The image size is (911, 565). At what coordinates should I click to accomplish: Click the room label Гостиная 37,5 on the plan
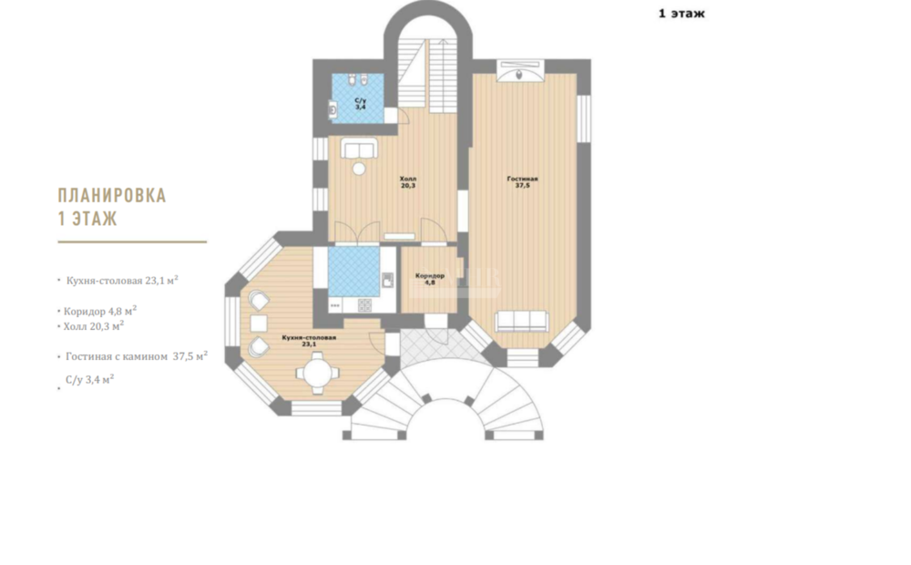[x=522, y=182]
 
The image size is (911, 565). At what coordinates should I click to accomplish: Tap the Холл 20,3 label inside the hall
[x=408, y=182]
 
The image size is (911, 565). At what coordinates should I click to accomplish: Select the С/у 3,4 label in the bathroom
[x=360, y=104]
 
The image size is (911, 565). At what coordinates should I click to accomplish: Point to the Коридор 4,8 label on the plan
[x=430, y=279]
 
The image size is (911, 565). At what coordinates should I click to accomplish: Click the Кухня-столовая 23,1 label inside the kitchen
[x=309, y=341]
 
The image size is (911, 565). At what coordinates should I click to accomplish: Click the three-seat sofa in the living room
[x=522, y=321]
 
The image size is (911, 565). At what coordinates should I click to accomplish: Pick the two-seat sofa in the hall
[x=359, y=149]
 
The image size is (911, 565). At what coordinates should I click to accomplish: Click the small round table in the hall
[x=360, y=169]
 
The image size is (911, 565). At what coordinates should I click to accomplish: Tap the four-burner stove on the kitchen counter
[x=365, y=304]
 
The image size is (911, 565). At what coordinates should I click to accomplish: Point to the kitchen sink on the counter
[x=387, y=280]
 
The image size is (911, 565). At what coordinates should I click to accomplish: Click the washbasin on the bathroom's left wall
[x=333, y=108]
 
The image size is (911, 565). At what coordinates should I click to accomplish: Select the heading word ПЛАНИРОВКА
[x=112, y=195]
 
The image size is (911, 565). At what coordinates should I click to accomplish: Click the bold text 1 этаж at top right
[x=681, y=14]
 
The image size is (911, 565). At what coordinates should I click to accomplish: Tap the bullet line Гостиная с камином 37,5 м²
[x=137, y=356]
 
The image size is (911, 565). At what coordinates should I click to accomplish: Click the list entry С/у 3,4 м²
[x=89, y=380]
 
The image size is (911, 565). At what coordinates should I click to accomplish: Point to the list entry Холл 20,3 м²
[x=94, y=326]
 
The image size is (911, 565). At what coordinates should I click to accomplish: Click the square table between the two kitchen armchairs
[x=259, y=324]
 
